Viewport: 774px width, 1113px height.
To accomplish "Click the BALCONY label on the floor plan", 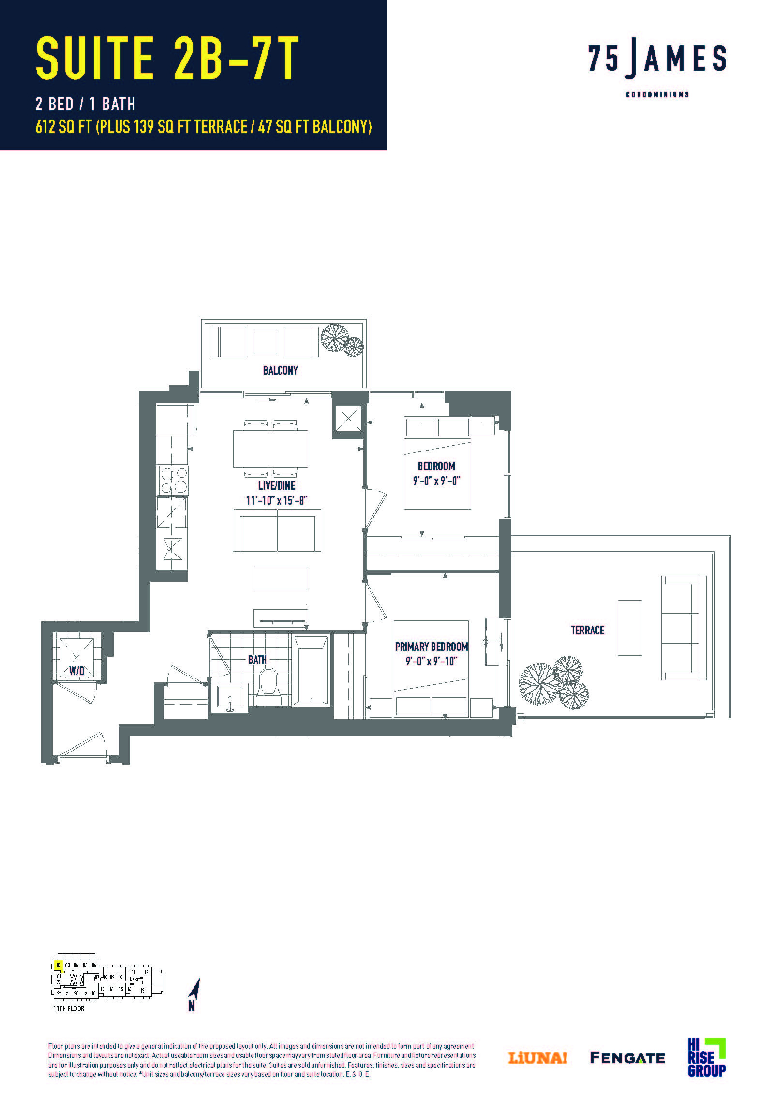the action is click(280, 370).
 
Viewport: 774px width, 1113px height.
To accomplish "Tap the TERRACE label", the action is click(587, 630).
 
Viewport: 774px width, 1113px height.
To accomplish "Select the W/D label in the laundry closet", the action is click(76, 670).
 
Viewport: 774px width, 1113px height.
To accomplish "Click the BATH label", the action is click(257, 659).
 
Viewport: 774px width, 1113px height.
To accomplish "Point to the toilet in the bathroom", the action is click(268, 687).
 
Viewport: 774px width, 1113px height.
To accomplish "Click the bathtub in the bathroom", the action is click(311, 670).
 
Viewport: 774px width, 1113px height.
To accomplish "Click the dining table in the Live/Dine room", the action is click(270, 449).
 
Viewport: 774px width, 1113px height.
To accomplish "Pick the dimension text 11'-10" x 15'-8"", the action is click(276, 500).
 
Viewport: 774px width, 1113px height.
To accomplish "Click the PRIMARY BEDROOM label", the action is click(432, 647).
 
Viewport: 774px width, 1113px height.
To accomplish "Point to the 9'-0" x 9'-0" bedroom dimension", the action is click(436, 481).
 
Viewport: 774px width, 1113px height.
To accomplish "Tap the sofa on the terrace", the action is click(684, 628).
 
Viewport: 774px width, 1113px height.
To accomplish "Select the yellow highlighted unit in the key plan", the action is click(59, 965).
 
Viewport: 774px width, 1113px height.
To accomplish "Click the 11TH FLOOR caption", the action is click(69, 1009).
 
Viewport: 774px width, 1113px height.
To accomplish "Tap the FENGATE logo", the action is click(627, 1058).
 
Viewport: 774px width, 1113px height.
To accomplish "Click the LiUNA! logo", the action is click(537, 1058).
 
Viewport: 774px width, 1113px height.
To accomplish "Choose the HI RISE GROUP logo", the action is click(707, 1057).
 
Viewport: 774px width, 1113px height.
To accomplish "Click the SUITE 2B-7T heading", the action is click(167, 58).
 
